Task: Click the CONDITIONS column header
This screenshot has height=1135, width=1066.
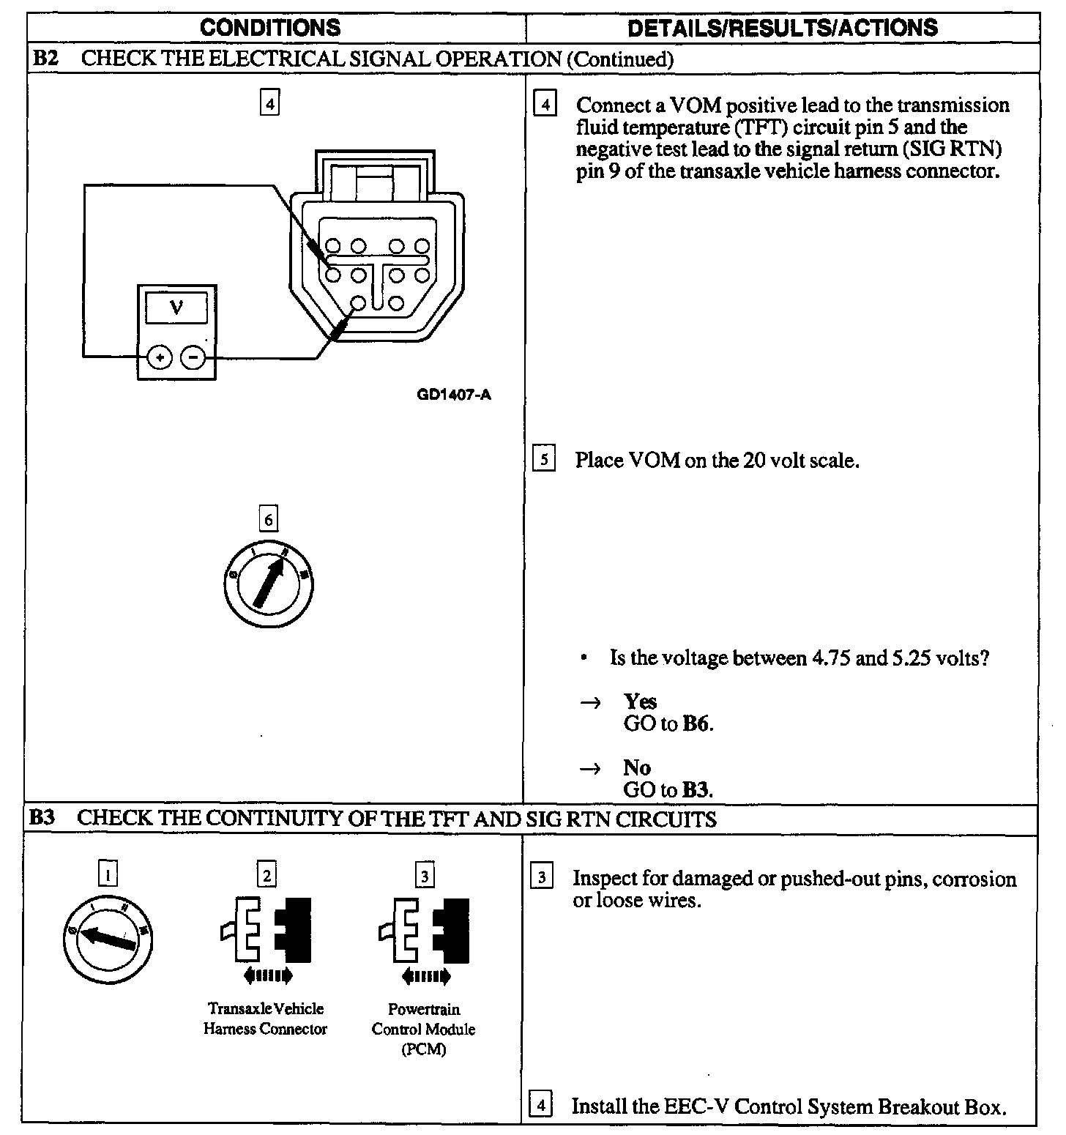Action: [269, 28]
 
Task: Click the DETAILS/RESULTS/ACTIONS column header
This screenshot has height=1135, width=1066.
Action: [782, 28]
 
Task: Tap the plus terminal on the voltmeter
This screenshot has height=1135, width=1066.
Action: [159, 357]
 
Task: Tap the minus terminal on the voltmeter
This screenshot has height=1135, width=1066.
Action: [193, 357]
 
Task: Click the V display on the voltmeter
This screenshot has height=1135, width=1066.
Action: [176, 309]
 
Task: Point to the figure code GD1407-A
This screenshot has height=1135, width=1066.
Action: [454, 396]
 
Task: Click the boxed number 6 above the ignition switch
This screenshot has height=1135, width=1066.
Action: [269, 519]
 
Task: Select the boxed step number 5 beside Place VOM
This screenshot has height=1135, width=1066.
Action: [543, 460]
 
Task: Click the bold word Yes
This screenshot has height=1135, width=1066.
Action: [640, 702]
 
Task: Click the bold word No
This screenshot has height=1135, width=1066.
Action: [637, 767]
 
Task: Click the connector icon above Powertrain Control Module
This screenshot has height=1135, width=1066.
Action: [425, 937]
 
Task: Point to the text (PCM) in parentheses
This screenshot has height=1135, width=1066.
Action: [423, 1049]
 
